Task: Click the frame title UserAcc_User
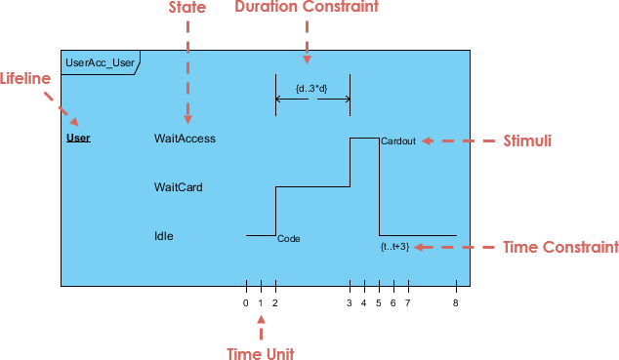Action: (x=99, y=63)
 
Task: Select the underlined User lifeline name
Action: (x=78, y=138)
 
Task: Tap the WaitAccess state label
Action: (x=185, y=139)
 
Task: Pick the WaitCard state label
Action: (x=178, y=186)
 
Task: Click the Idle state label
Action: (x=164, y=235)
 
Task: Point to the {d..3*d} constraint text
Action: (x=311, y=89)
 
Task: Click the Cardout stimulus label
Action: (x=398, y=141)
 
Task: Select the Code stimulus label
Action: (x=288, y=238)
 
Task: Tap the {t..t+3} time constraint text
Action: (x=394, y=247)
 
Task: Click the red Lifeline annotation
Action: (x=25, y=78)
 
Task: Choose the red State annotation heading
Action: (x=187, y=8)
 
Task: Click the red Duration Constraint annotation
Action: (x=307, y=8)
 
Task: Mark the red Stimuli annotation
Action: (x=527, y=140)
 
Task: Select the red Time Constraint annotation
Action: (x=559, y=247)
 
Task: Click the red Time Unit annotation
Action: (x=260, y=352)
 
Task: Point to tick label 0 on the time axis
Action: (x=246, y=302)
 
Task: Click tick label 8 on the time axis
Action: (x=456, y=302)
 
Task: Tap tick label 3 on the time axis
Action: (x=350, y=302)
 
